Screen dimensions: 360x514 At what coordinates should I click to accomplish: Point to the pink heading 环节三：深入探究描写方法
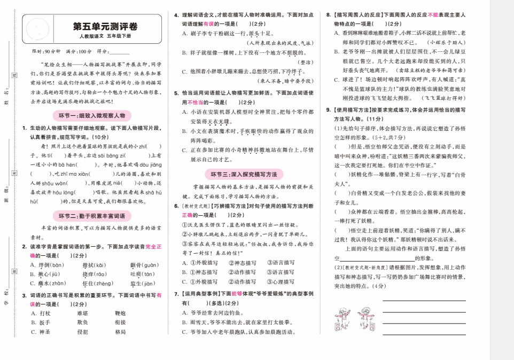[244, 174]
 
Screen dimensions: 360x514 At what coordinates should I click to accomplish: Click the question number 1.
[25, 128]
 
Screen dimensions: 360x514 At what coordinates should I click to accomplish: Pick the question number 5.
[176, 93]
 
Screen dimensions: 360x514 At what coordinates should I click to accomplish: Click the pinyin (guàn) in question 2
[149, 265]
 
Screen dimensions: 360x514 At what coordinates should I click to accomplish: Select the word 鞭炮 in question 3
[120, 313]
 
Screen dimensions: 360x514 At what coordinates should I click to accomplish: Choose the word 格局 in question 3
[120, 332]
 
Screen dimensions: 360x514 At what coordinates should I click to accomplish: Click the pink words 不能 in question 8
[432, 14]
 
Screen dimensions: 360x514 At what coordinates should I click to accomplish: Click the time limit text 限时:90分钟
[45, 52]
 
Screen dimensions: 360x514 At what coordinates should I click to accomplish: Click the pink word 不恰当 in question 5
[195, 102]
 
